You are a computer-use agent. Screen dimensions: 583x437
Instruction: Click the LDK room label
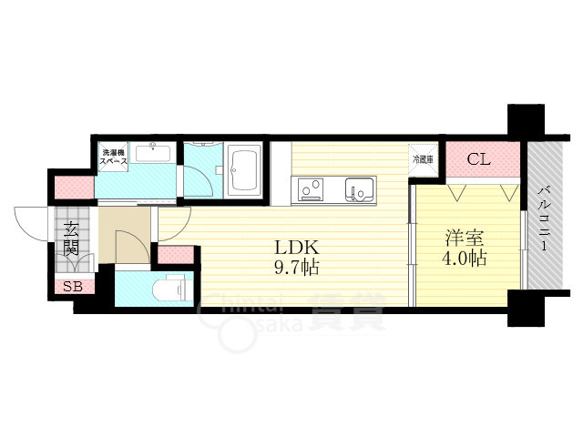pyautogui.click(x=296, y=248)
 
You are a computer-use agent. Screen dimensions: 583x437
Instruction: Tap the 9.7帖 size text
pyautogui.click(x=296, y=267)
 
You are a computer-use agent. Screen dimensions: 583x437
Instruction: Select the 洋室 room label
pyautogui.click(x=465, y=239)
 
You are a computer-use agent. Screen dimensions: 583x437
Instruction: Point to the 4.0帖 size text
pyautogui.click(x=465, y=258)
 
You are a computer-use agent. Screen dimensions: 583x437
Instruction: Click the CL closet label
pyautogui.click(x=478, y=159)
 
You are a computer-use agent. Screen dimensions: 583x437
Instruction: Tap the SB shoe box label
pyautogui.click(x=73, y=287)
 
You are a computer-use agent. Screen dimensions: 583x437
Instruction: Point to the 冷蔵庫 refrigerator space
pyautogui.click(x=423, y=159)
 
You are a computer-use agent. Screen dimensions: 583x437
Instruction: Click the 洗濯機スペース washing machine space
pyautogui.click(x=113, y=157)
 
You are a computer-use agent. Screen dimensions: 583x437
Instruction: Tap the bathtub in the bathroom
pyautogui.click(x=244, y=170)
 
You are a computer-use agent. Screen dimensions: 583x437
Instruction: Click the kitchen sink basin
pyautogui.click(x=359, y=189)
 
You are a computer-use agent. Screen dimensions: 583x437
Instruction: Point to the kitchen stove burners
pyautogui.click(x=312, y=189)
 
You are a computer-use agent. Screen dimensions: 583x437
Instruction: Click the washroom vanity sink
pyautogui.click(x=153, y=153)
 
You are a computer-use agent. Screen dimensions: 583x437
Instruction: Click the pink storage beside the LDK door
pyautogui.click(x=176, y=255)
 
